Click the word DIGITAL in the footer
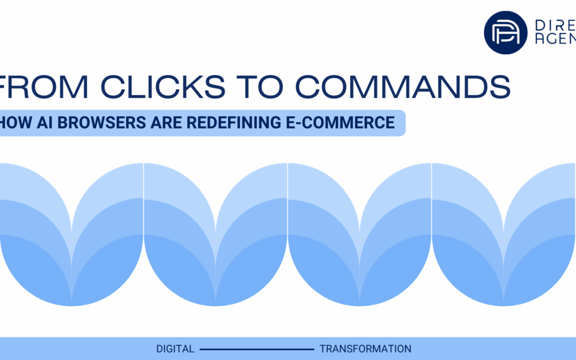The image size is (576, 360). [x=175, y=349]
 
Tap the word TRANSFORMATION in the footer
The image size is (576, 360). [x=365, y=349]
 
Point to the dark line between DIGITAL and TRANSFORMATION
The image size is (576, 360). [x=257, y=349]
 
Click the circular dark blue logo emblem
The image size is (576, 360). [x=506, y=33]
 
